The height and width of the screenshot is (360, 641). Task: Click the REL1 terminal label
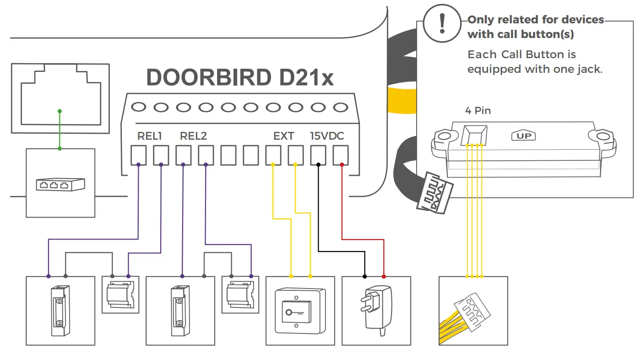pos(150,136)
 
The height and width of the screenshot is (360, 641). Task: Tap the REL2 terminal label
pos(193,136)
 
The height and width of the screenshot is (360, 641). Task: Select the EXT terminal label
pos(283,136)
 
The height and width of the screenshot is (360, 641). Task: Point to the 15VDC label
pos(327,136)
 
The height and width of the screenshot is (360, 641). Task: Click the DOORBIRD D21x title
pos(240,78)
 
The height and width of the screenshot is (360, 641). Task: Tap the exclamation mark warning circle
pos(442,24)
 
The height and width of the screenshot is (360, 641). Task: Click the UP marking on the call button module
pos(523,136)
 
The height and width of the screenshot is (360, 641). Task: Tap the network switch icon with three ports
pos(60,185)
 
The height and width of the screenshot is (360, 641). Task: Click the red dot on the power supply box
pos(384,277)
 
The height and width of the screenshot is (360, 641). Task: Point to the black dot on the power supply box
pos(365,277)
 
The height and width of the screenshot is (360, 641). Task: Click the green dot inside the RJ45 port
pos(60,111)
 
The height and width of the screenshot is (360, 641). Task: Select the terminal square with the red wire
pos(341,155)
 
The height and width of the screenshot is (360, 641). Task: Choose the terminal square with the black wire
pos(318,155)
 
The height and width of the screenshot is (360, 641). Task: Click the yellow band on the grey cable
pos(402,98)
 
